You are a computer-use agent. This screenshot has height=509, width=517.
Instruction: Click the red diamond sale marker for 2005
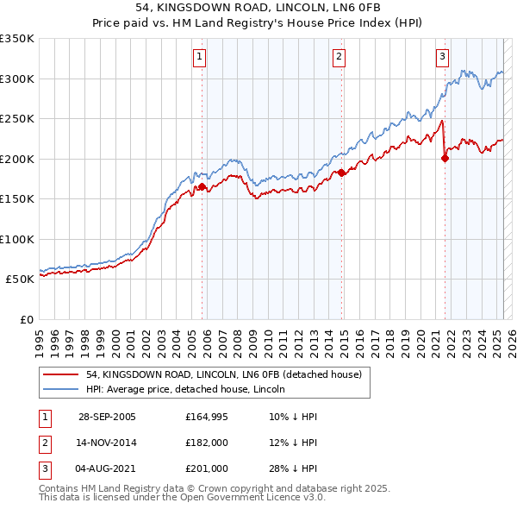tap(202, 186)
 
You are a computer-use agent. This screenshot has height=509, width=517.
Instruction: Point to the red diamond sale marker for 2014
tap(341, 173)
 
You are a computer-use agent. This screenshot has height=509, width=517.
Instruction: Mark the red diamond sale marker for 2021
tap(445, 157)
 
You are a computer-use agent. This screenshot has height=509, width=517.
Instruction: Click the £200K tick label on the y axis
tap(17, 159)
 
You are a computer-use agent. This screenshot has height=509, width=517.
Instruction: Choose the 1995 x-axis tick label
tap(40, 337)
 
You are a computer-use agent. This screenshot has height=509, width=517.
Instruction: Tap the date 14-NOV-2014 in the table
tap(106, 443)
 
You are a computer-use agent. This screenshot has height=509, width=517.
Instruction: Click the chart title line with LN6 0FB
tap(258, 8)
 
